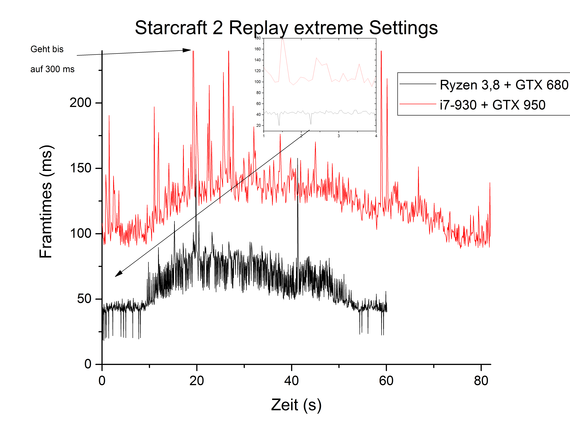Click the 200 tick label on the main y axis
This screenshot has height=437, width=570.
point(80,103)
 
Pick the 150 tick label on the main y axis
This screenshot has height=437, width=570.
point(80,168)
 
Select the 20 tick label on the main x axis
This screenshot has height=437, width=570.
point(197,381)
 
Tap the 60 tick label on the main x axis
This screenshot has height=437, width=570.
point(386,381)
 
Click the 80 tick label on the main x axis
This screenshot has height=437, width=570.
point(481,381)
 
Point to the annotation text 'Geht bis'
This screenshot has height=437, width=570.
point(47,49)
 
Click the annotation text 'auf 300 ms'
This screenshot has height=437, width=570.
point(52,69)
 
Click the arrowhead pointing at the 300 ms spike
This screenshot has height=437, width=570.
point(187,50)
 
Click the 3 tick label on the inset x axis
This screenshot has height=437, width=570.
point(339,136)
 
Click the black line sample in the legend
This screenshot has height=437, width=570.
point(418,84)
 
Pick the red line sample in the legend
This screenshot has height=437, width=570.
point(418,104)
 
